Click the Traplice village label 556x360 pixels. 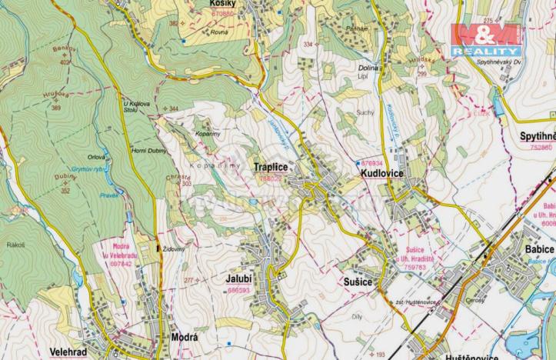coord(270,167)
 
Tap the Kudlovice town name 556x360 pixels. coord(382,175)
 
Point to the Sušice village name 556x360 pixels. coord(358,283)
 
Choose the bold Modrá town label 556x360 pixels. coord(184,338)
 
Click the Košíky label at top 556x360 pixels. coord(221,4)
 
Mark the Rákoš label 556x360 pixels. coord(15,245)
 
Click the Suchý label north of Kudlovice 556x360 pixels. coord(364,112)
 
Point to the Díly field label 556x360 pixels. coord(355,315)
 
